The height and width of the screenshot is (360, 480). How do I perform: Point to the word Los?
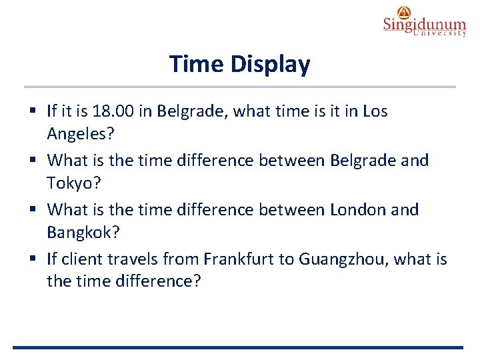[x=375, y=111]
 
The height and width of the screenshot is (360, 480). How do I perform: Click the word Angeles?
[x=81, y=134]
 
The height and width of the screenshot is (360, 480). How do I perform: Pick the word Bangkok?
[x=83, y=233]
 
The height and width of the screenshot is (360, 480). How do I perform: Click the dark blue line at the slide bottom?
[x=237, y=347]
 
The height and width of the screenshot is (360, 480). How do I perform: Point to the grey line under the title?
[x=240, y=87]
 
